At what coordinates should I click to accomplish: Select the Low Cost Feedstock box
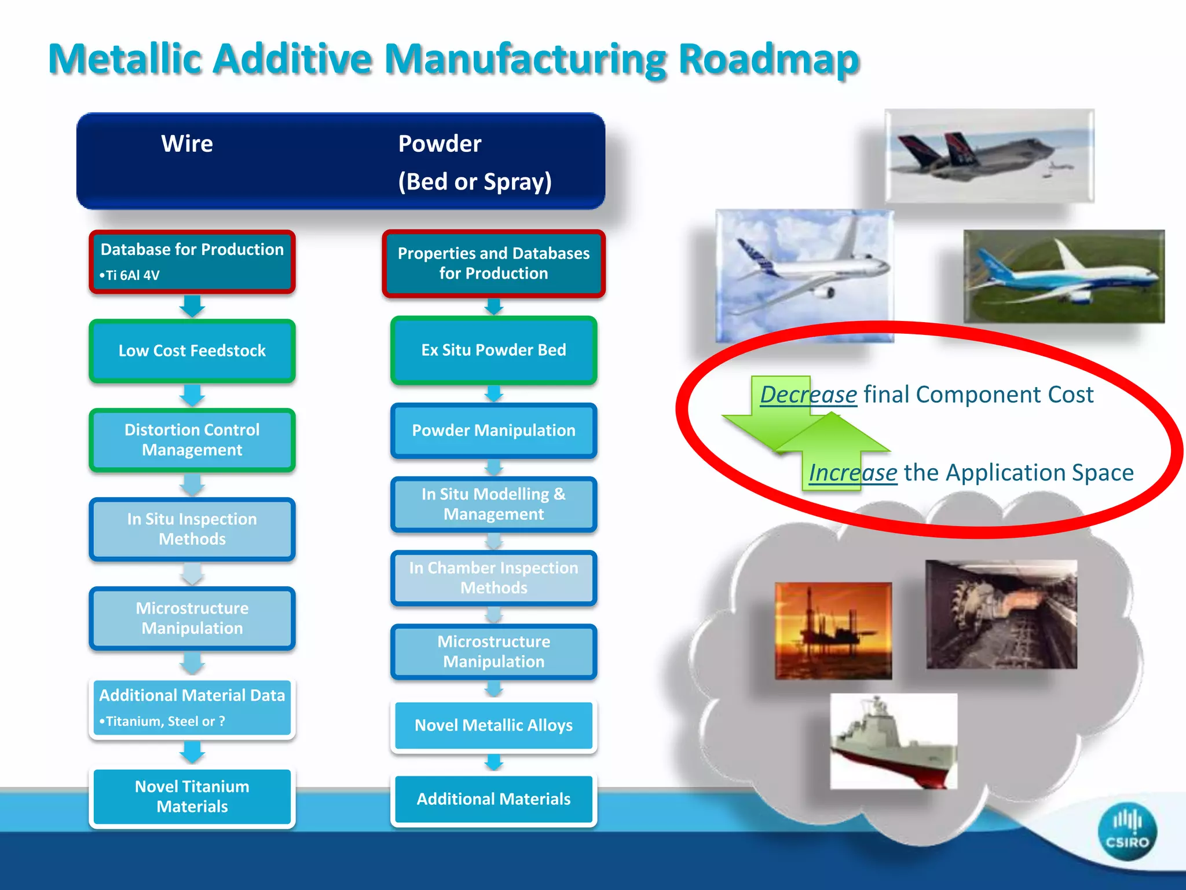tap(192, 351)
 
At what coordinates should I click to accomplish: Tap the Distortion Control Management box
tap(192, 440)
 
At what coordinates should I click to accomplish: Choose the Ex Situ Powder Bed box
tap(493, 350)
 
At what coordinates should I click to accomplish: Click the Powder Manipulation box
tap(493, 431)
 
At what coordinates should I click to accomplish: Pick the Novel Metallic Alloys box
tap(493, 725)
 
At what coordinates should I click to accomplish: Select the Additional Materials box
tap(493, 799)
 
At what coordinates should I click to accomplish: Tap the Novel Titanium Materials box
tap(192, 797)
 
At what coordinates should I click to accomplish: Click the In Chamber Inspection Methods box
tap(493, 578)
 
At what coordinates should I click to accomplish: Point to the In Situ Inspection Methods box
tap(192, 529)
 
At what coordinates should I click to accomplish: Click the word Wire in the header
tap(187, 144)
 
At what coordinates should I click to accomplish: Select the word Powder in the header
tap(440, 144)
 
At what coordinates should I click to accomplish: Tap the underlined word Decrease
tap(808, 395)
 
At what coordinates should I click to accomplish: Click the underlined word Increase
tap(853, 473)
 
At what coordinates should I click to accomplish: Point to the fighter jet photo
tap(989, 155)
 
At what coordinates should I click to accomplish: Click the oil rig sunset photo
tap(833, 630)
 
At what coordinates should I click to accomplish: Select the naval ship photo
tap(894, 741)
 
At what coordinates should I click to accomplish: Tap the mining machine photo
tap(1001, 614)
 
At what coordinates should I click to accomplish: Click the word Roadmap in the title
tap(768, 59)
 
